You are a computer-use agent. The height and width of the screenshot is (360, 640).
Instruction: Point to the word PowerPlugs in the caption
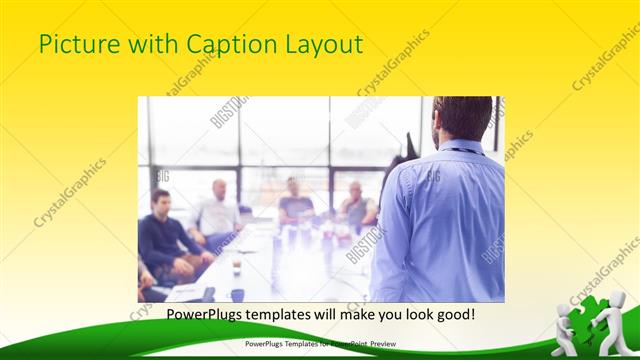click(x=173, y=315)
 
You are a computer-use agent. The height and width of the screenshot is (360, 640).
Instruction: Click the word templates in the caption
click(x=252, y=315)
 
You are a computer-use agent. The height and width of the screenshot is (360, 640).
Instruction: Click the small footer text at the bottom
click(x=320, y=343)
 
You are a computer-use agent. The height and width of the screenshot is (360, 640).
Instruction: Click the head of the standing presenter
click(x=463, y=118)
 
